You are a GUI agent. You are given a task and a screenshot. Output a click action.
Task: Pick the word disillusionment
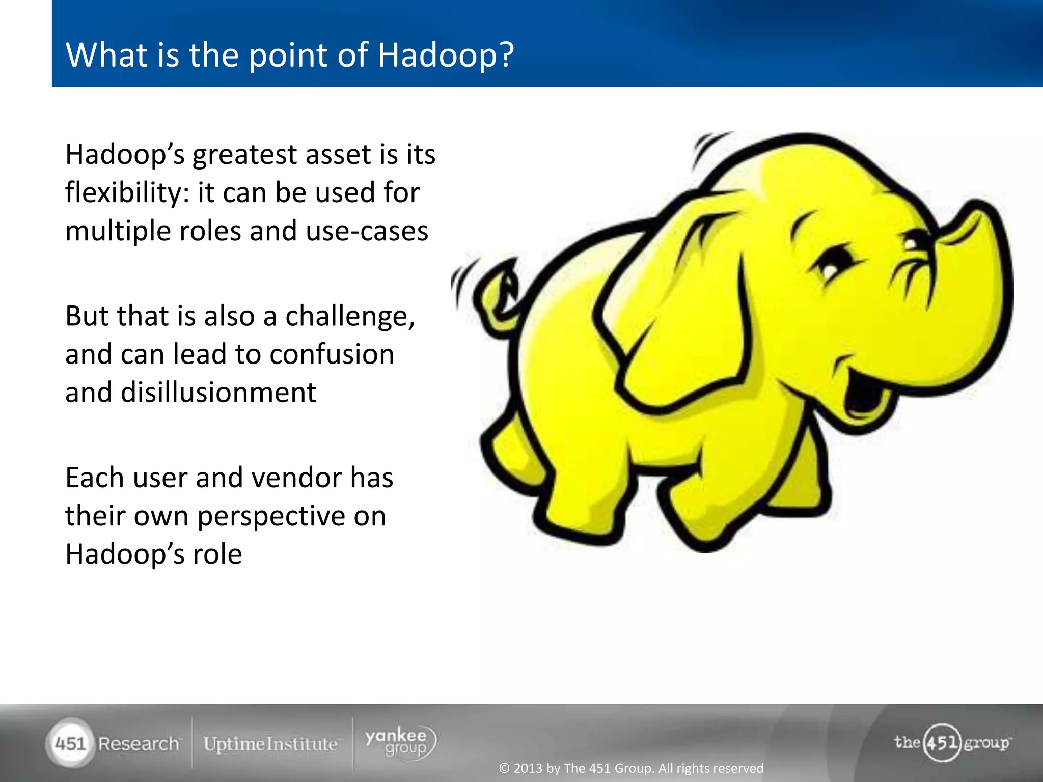[x=218, y=393]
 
